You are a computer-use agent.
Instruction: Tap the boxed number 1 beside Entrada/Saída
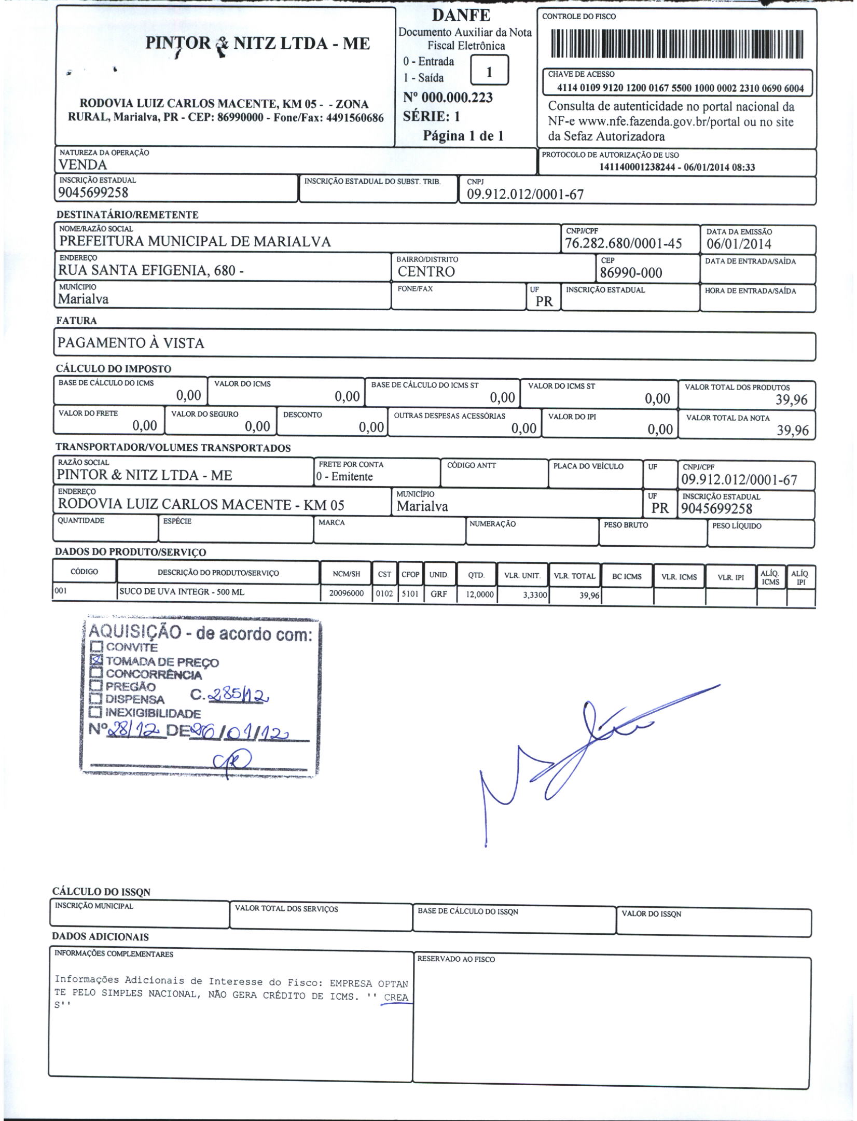click(489, 71)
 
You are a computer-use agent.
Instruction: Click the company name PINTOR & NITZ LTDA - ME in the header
click(258, 43)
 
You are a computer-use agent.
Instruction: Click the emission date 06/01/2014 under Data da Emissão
click(739, 244)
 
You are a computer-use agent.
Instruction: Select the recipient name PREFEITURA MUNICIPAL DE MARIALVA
click(195, 242)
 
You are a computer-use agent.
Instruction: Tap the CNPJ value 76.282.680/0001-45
click(623, 244)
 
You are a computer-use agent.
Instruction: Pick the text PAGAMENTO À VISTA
click(131, 343)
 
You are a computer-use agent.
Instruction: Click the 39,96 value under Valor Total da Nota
click(792, 430)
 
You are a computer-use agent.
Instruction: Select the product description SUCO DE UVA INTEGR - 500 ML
click(182, 592)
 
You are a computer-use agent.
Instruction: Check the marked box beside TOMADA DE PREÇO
click(96, 660)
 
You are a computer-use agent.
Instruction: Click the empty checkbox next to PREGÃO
click(96, 686)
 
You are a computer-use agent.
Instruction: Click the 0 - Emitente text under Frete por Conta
click(344, 477)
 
